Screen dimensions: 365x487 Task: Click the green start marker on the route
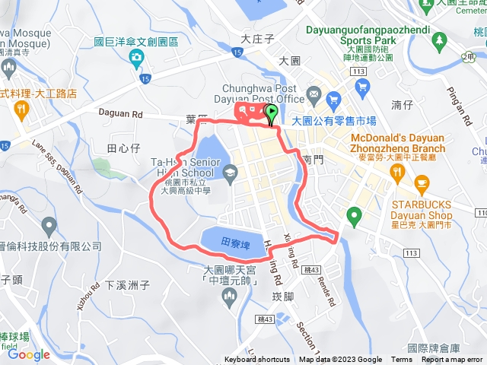click(272, 114)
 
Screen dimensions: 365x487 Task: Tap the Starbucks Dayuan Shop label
click(422, 210)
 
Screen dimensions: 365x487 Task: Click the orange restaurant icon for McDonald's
click(397, 173)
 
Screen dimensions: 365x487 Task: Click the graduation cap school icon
click(229, 173)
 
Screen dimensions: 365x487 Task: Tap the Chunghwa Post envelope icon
click(313, 97)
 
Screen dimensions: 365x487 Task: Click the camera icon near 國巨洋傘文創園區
click(135, 58)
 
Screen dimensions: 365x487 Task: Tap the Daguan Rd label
click(120, 111)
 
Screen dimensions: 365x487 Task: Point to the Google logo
click(29, 354)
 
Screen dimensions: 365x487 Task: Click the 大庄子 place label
click(256, 38)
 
